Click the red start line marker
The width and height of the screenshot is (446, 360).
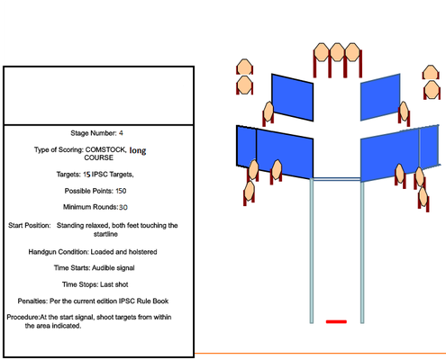336,321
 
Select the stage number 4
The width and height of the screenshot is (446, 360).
121,133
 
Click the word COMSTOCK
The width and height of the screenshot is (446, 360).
105,149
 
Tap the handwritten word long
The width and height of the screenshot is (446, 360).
138,150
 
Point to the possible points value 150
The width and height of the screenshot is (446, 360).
121,191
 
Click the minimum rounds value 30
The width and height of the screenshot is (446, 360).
123,207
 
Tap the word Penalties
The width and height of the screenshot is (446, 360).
32,301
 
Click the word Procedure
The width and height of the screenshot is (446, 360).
23,317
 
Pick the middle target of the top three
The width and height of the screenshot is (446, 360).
337,52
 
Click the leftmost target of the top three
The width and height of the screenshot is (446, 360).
322,52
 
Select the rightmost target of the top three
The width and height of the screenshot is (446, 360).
352,52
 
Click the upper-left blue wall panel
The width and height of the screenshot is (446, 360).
292,97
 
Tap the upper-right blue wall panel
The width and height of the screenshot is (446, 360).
380,97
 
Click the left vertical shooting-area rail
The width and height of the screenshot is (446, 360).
312,251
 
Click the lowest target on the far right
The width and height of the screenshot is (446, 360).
423,197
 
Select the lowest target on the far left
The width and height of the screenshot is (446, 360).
250,191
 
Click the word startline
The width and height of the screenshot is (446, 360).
105,234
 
